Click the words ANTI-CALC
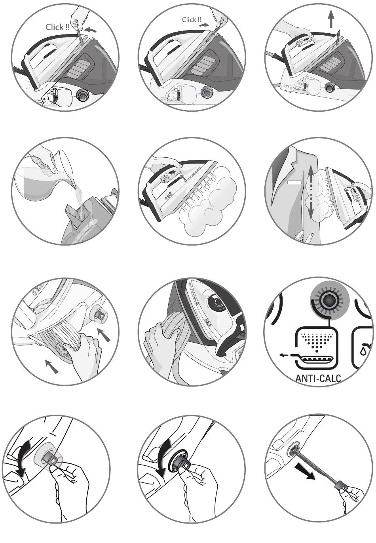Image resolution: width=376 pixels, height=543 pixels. pos(318,378)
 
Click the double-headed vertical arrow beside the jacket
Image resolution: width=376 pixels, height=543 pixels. pos(311,193)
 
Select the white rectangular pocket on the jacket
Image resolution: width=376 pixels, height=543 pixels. pos(294,183)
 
